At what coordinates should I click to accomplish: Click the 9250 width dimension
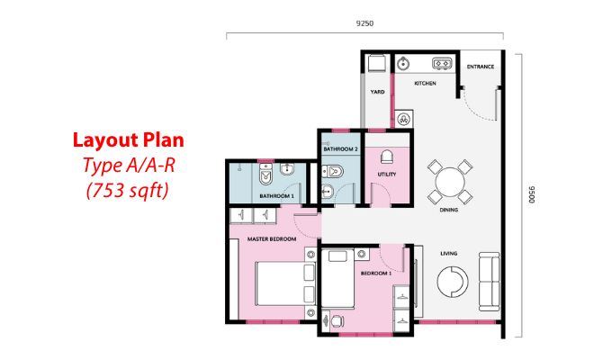coord(364,23)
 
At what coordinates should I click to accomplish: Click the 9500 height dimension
coord(531,194)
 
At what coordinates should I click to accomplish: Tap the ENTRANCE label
coord(481,67)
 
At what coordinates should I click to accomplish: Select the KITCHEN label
coord(425,83)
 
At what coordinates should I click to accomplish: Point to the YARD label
coord(377,92)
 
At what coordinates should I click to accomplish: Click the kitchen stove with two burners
coord(442,63)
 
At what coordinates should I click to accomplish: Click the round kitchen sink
coord(403,64)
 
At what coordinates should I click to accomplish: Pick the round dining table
coord(450,182)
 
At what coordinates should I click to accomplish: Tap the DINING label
coord(449,210)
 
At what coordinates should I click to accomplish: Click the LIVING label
coord(449,254)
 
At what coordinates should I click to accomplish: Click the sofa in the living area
coord(490,282)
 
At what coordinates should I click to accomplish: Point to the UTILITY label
coord(387,174)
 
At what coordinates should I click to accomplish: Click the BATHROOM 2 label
coord(341,149)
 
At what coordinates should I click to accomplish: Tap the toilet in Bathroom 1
coord(265,174)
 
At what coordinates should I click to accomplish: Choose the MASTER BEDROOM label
coord(272,239)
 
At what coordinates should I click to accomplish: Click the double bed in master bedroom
coord(285,283)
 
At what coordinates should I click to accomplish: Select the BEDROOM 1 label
coord(376,274)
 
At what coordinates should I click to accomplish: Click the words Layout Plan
coord(129,140)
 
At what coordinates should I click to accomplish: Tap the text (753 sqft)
coord(128,191)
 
